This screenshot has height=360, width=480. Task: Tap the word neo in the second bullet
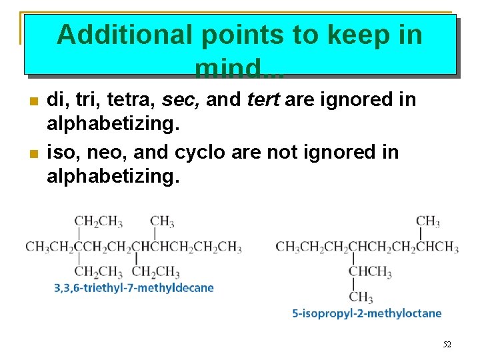105,152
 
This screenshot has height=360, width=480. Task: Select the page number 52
447,345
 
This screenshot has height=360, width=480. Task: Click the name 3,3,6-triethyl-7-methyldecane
134,288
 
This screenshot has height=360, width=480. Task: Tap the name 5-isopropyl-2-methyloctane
367,313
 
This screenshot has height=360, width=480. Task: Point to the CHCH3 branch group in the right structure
369,271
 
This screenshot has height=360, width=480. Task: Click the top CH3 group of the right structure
427,221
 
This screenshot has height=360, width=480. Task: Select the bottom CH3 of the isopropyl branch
361,297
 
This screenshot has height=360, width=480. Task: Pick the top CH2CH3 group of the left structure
98,221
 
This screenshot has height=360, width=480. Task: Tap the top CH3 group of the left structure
162,221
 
